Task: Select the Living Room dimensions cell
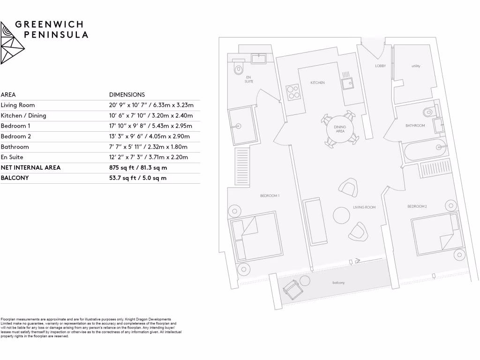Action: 151,105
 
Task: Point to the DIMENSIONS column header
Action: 127,95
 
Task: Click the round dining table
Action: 340,130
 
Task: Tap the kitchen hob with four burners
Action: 293,91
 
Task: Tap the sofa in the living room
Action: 315,221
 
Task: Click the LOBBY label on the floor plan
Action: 380,66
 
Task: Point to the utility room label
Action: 416,66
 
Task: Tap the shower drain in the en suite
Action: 238,126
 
